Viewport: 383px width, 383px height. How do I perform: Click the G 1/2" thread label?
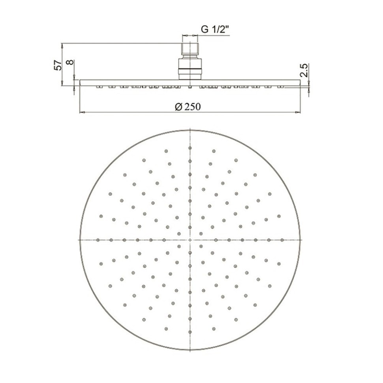215,29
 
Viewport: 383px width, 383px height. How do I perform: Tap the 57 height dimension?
58,65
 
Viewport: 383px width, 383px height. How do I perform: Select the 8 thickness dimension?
70,62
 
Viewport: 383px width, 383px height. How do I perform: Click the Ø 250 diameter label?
188,107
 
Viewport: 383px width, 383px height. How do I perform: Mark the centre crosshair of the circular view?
190,240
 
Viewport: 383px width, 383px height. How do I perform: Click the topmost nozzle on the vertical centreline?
190,148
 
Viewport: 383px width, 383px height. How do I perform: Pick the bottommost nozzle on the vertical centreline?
190,332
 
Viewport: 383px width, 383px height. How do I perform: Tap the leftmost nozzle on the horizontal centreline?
98,240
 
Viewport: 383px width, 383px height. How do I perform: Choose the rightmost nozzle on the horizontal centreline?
282,240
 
